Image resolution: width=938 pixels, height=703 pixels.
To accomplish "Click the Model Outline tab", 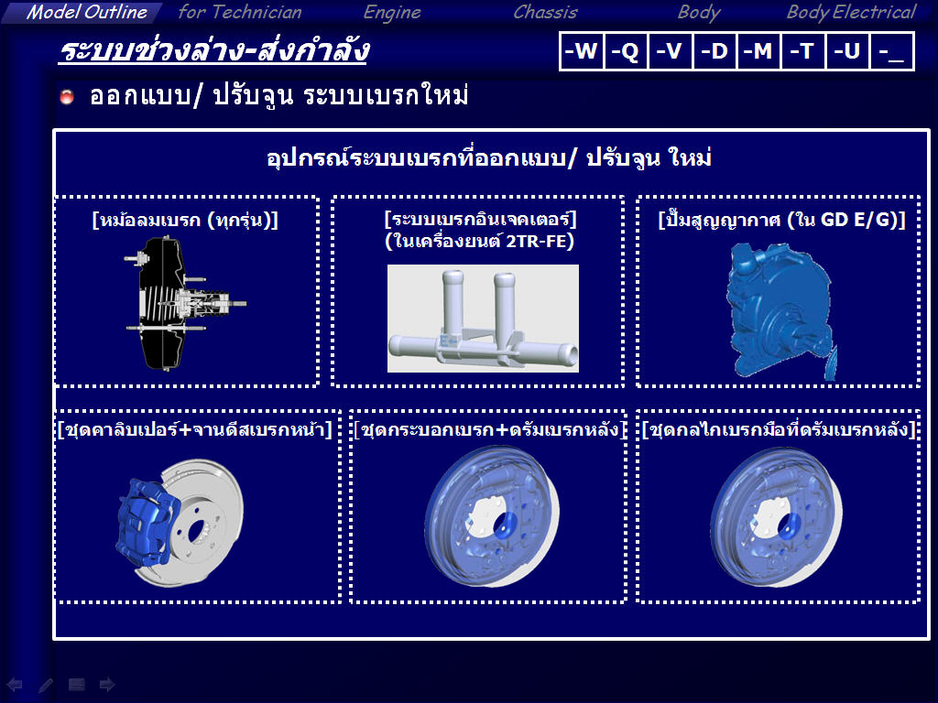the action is click(x=82, y=12).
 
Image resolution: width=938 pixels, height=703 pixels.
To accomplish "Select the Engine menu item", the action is click(x=392, y=13).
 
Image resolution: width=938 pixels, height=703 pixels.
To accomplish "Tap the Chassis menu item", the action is click(x=545, y=12).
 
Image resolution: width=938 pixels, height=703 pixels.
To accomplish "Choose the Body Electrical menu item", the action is click(x=851, y=12).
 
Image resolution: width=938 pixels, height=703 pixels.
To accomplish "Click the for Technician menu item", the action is click(x=240, y=12).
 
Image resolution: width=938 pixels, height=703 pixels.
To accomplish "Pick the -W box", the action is click(x=582, y=51).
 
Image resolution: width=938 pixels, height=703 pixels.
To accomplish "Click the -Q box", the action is click(x=625, y=51).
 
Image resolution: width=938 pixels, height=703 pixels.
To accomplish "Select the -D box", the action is click(x=714, y=51).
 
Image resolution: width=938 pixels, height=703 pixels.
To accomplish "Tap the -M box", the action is click(x=758, y=51).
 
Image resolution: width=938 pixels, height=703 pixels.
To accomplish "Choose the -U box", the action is click(x=847, y=51).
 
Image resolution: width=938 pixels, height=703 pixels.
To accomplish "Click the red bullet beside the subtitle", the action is click(x=67, y=96).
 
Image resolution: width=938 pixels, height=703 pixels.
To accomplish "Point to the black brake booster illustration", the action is click(x=180, y=304).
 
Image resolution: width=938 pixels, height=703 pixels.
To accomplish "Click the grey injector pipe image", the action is click(x=483, y=318).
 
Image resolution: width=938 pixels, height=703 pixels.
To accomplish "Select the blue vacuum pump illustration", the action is click(x=780, y=311).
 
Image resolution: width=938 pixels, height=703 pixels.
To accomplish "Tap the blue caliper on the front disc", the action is click(x=147, y=522).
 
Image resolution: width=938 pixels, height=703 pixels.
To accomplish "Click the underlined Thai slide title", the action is click(x=213, y=51).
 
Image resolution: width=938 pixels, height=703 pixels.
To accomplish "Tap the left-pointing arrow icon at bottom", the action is click(x=15, y=685).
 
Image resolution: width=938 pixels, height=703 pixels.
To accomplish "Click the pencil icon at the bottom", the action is click(x=46, y=685).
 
